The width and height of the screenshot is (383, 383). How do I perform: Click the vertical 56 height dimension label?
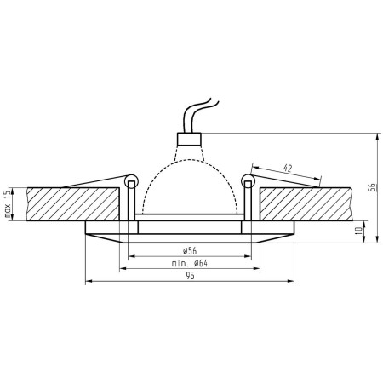[x=372, y=190]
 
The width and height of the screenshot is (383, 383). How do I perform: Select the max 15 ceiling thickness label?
[x=8, y=203]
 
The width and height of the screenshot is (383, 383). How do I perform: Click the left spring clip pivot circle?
[x=130, y=180]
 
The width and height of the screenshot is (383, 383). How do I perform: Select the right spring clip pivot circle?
[x=247, y=180]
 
